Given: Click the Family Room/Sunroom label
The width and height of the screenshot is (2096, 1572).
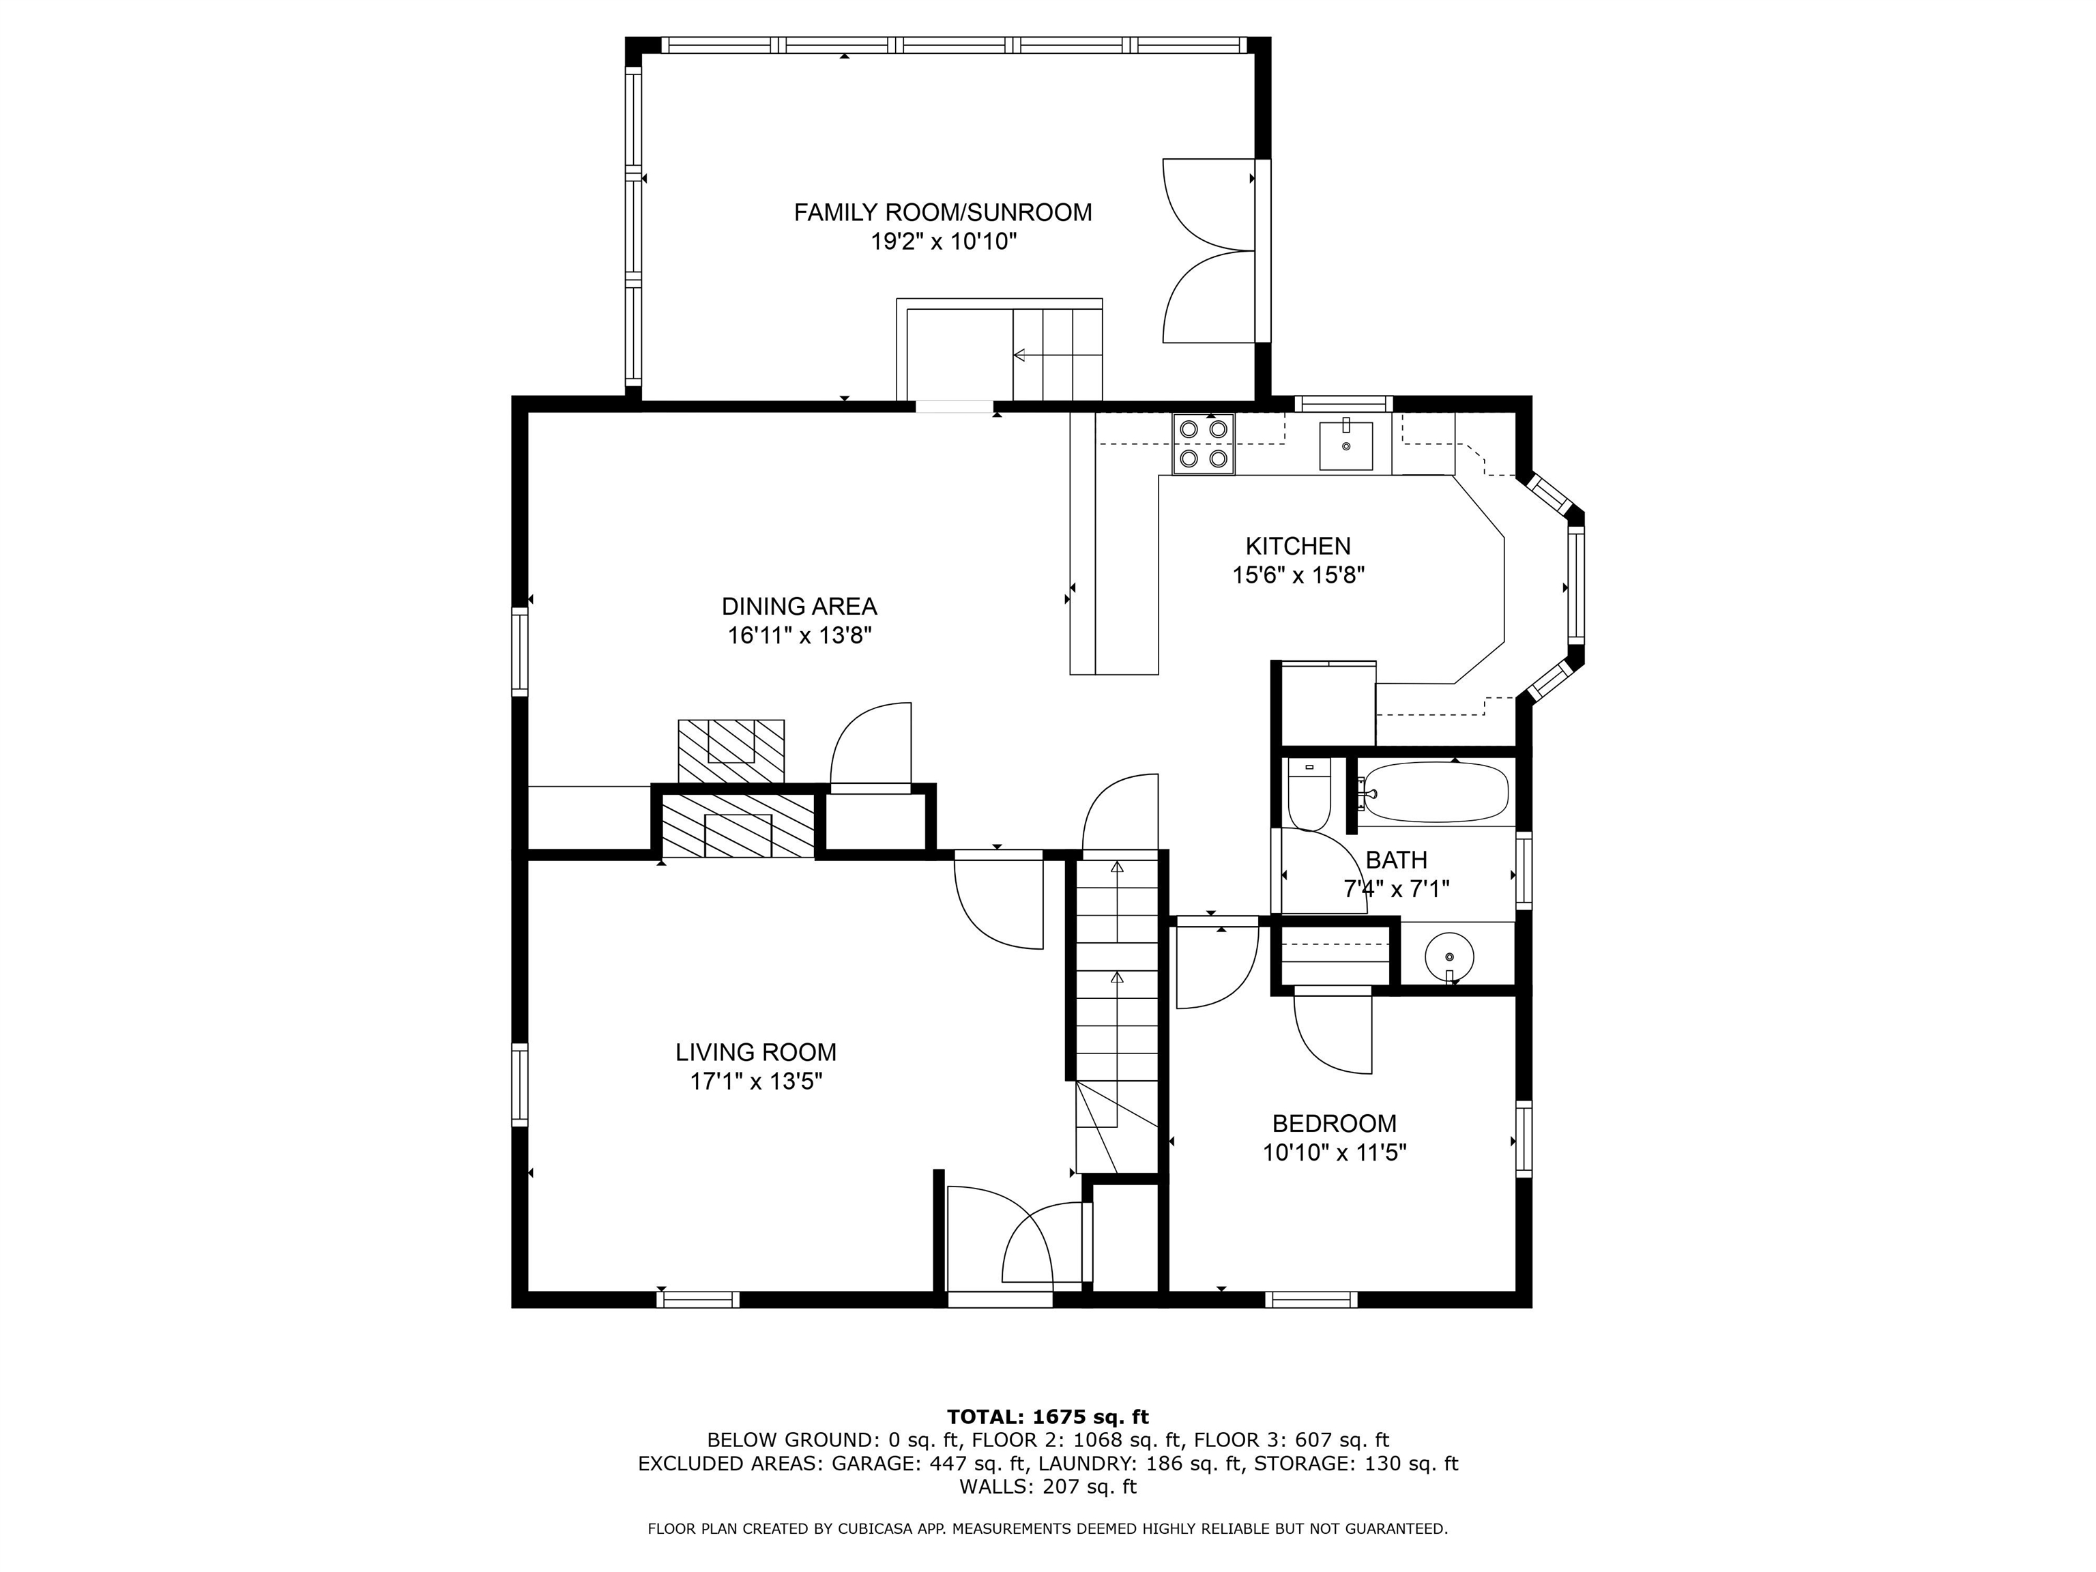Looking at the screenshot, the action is click(x=943, y=212).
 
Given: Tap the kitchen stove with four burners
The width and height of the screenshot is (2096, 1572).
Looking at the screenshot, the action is click(x=1204, y=443).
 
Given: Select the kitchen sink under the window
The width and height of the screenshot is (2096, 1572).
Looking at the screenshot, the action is click(x=1345, y=446).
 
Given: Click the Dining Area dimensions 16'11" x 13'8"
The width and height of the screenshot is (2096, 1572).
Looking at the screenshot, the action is click(x=800, y=635).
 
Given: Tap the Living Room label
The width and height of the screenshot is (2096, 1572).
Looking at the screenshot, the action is click(x=755, y=1052).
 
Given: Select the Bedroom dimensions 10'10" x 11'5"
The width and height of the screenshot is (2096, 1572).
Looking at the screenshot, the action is click(x=1334, y=1153).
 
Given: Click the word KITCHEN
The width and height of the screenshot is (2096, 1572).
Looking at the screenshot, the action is click(x=1297, y=546).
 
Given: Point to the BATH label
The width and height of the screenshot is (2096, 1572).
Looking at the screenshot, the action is click(x=1396, y=860).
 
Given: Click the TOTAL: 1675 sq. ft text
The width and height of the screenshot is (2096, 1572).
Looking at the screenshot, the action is click(x=1048, y=1416).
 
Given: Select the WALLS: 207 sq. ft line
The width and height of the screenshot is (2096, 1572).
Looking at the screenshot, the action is click(x=1048, y=1487).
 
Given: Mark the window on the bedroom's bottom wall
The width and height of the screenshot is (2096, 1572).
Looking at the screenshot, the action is click(x=1311, y=1299).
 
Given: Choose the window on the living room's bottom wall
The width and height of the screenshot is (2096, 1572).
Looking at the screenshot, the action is click(x=699, y=1299).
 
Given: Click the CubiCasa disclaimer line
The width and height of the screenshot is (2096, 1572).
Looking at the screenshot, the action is click(x=1048, y=1528).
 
